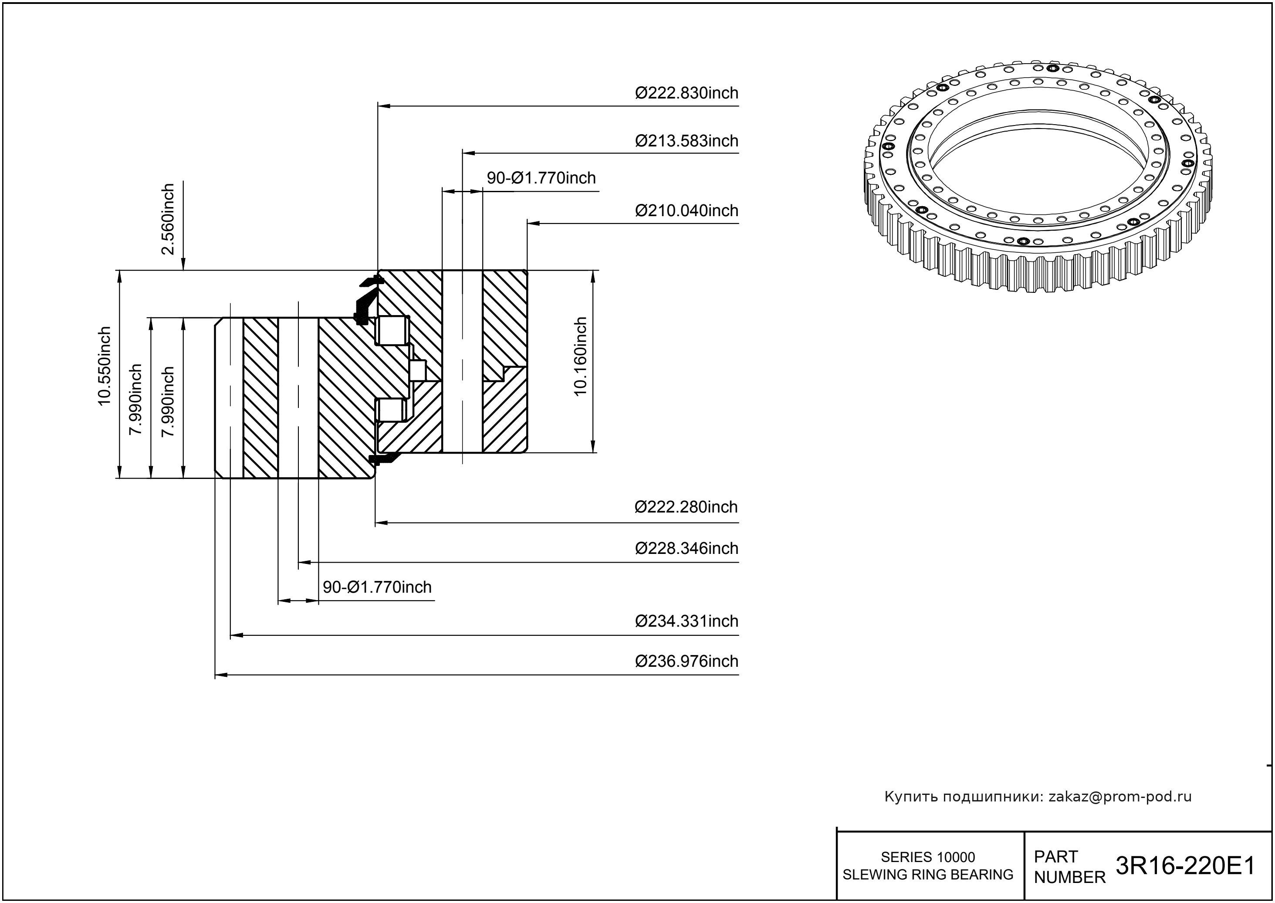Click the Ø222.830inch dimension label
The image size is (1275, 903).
coord(687,93)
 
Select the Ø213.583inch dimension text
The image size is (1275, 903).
coord(687,141)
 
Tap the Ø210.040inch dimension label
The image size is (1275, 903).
coord(687,211)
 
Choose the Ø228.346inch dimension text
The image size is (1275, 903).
coord(687,548)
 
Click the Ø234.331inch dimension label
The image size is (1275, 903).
coord(687,621)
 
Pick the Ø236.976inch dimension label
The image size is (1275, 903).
coord(687,661)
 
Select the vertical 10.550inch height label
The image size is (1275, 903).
coord(105,366)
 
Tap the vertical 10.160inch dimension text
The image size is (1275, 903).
coord(580,356)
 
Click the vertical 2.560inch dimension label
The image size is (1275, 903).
coord(168,219)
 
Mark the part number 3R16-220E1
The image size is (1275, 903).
coord(1185,866)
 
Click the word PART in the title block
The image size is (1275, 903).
coord(1055,857)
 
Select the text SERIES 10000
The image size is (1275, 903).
coord(928,857)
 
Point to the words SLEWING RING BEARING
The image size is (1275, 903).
coord(928,875)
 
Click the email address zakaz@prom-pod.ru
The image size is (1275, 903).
coord(1119,797)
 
